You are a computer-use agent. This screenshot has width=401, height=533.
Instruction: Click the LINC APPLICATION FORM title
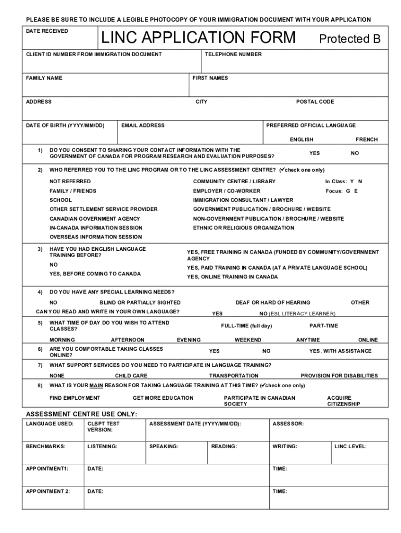(198, 38)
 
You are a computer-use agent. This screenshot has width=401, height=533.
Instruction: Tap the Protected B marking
(350, 39)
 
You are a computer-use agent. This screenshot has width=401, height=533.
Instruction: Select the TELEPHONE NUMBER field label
(233, 54)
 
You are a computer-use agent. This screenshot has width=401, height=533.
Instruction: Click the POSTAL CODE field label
(315, 101)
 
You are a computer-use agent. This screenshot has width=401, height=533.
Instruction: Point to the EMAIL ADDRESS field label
(143, 125)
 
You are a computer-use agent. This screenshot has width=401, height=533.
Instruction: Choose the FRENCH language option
(367, 139)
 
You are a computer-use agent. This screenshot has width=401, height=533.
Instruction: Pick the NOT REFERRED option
(70, 181)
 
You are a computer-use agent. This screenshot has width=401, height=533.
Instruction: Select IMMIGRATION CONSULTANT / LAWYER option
(243, 200)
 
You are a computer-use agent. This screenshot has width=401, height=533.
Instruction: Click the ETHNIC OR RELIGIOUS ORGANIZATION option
(244, 228)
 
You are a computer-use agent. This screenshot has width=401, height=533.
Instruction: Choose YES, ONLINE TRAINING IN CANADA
(232, 277)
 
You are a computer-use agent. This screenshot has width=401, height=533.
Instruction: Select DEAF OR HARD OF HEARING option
(273, 302)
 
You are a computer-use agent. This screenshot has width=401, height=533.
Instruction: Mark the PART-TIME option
(323, 326)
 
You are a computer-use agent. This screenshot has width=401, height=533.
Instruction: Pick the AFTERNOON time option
(128, 340)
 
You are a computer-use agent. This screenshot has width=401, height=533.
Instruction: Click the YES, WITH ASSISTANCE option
(340, 351)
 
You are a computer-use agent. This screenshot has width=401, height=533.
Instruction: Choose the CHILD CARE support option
(131, 375)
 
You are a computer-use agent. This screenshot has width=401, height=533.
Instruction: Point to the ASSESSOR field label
(288, 424)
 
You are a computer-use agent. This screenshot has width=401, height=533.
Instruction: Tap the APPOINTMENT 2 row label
(48, 491)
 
